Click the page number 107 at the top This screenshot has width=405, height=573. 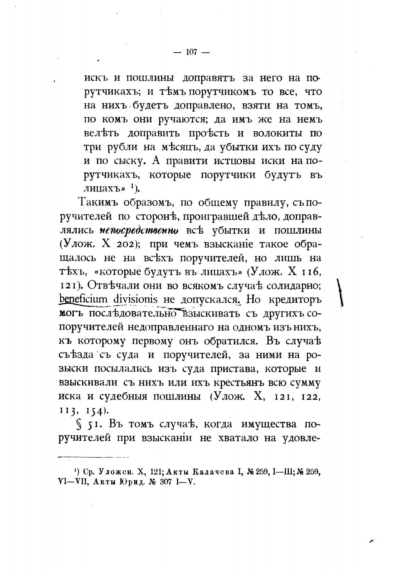pos(191,52)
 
